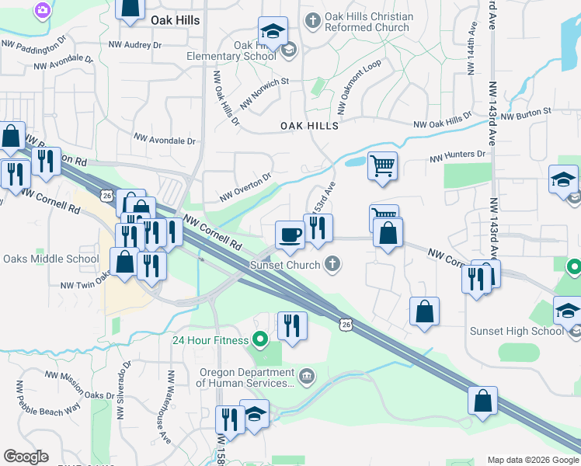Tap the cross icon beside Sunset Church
click(x=332, y=264)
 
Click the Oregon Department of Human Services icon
click(x=308, y=377)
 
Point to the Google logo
click(x=26, y=457)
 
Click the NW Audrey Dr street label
click(x=135, y=45)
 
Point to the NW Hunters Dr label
click(x=457, y=156)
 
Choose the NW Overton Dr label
click(x=245, y=187)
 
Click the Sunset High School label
click(x=517, y=331)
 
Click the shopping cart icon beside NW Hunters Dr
click(x=382, y=165)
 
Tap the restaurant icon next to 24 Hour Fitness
click(x=291, y=325)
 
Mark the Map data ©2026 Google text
click(x=533, y=460)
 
